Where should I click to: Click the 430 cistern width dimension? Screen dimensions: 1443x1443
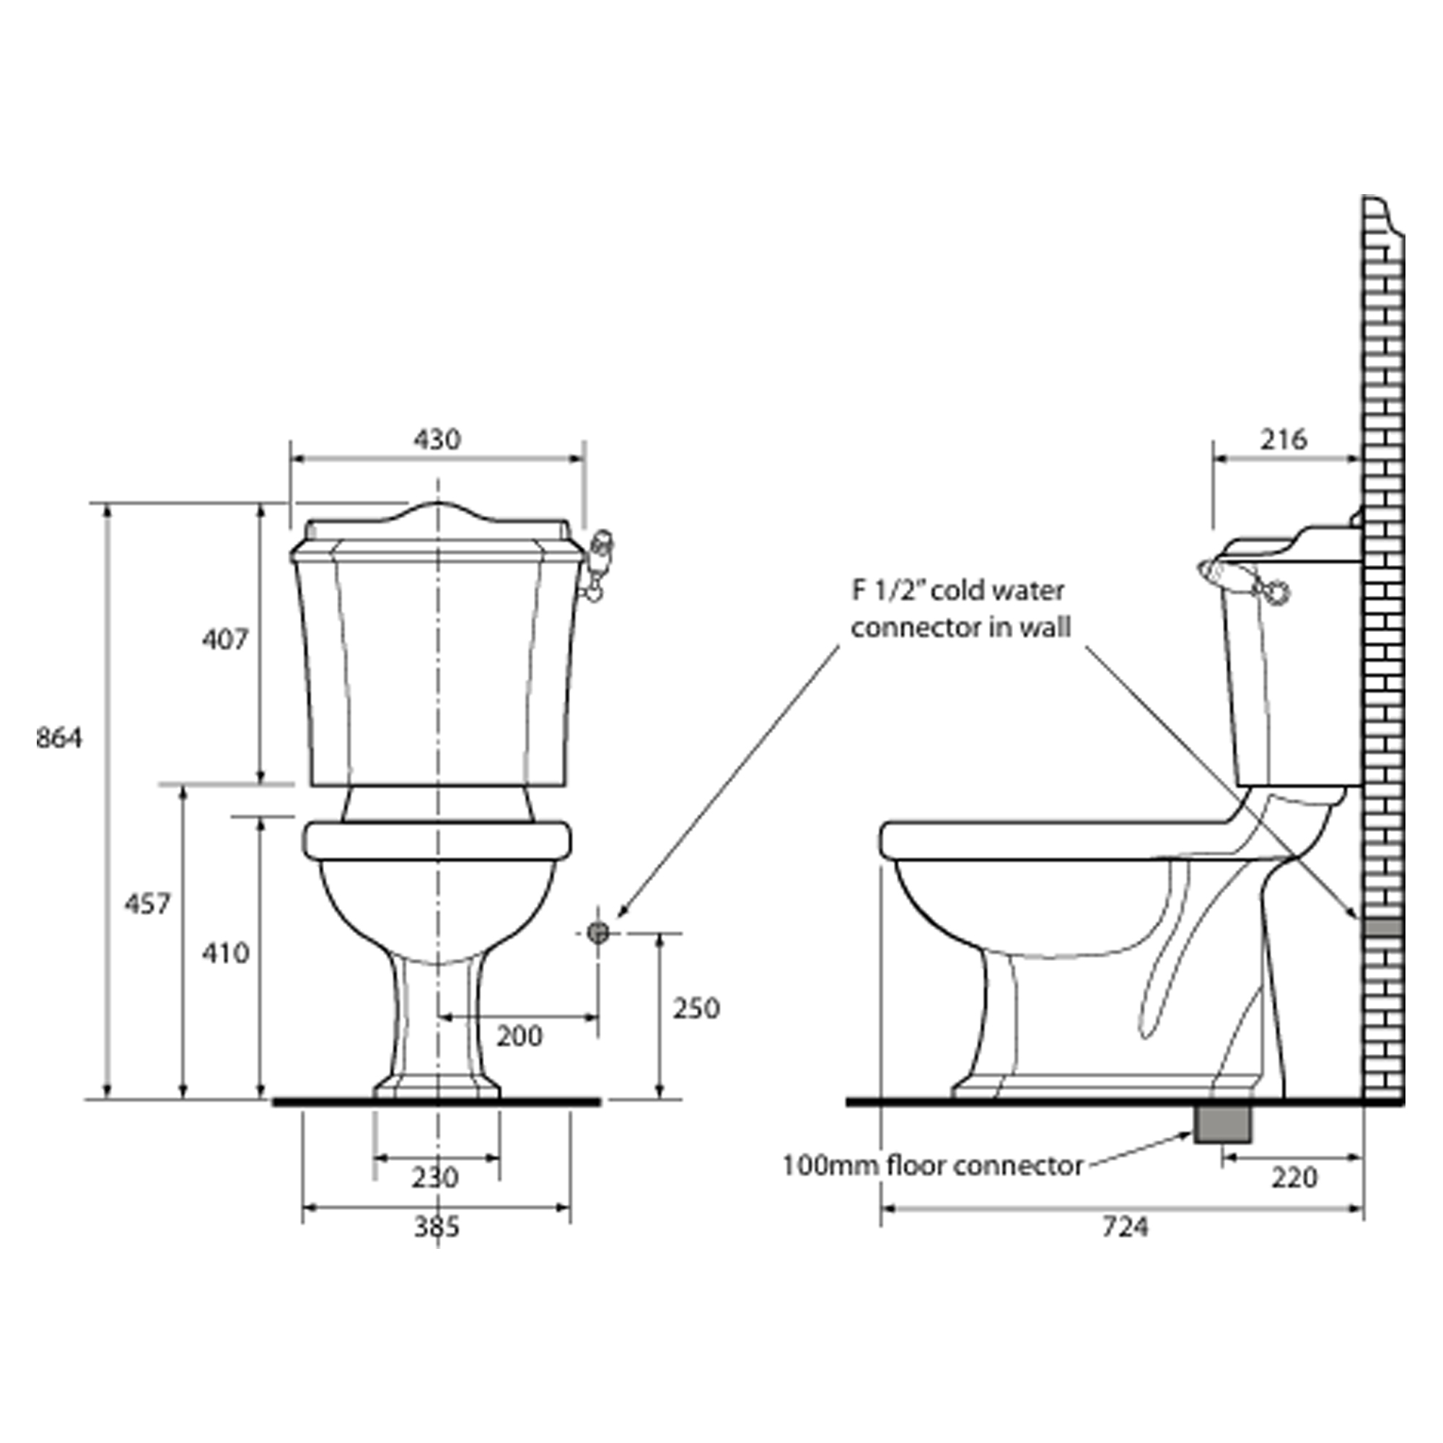pyautogui.click(x=437, y=439)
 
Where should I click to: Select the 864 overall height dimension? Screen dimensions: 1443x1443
pyautogui.click(x=59, y=738)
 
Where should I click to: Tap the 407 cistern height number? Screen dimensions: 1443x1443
pyautogui.click(x=225, y=639)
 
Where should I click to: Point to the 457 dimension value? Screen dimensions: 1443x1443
pyautogui.click(x=147, y=905)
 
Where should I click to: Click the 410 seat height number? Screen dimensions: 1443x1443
pyautogui.click(x=225, y=953)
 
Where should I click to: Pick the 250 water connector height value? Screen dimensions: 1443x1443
pyautogui.click(x=696, y=1009)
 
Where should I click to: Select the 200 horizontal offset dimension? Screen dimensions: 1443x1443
pyautogui.click(x=519, y=1036)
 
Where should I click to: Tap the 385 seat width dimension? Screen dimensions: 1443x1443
pyautogui.click(x=437, y=1227)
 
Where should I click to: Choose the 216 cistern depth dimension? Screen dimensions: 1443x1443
pyautogui.click(x=1284, y=439)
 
